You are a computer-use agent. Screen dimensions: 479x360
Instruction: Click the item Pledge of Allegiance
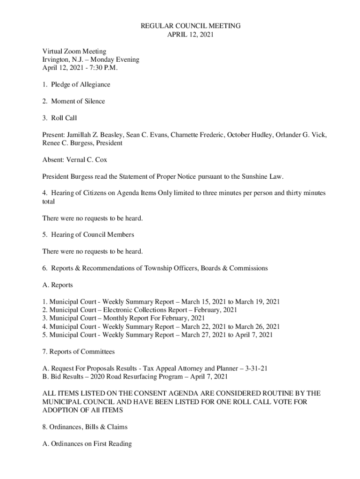(80, 85)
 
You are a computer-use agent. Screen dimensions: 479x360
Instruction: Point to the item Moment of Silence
(78, 102)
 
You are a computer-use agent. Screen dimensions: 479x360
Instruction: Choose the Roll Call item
(64, 118)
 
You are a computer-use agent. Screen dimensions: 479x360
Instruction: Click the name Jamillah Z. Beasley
(96, 135)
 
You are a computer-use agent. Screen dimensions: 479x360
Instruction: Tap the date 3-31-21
(255, 369)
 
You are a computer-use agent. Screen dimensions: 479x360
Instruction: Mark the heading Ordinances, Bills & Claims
(85, 427)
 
